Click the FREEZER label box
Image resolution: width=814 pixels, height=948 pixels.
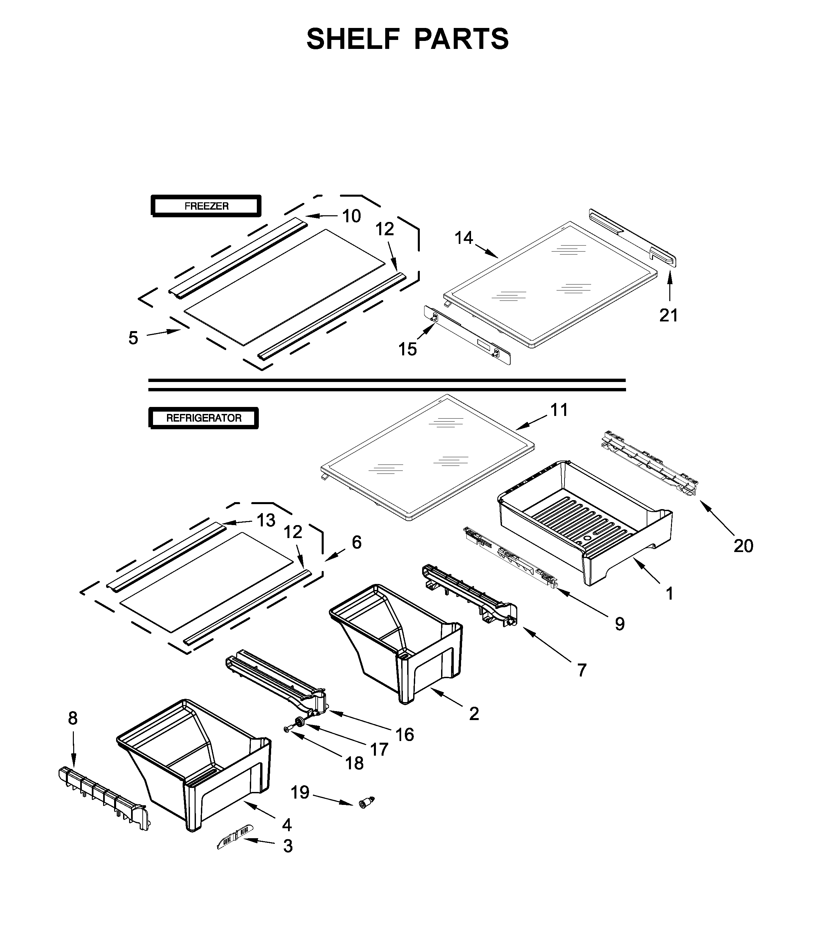tap(206, 206)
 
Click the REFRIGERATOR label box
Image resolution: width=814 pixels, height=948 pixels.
tap(204, 418)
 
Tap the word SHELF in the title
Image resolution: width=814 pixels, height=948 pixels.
tap(353, 39)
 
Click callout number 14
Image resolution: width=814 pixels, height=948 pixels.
tap(463, 238)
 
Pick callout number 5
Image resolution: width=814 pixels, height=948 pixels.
tap(133, 338)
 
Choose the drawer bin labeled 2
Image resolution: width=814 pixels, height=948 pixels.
tap(398, 641)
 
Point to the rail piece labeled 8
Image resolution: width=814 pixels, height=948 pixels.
tap(103, 796)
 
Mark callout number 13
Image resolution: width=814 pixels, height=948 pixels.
tap(266, 520)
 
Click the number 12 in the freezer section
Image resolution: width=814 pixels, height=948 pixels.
tap(385, 229)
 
